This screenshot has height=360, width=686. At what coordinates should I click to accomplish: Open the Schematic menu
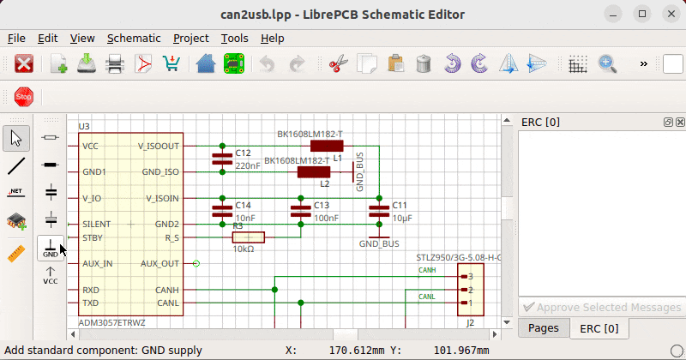pos(134,38)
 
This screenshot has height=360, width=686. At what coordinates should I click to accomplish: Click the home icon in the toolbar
pos(206,64)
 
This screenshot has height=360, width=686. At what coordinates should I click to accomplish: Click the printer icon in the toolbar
pos(115,64)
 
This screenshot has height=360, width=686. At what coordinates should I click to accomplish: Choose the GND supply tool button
pos(51,249)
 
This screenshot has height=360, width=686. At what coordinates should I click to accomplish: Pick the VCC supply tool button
pos(51,275)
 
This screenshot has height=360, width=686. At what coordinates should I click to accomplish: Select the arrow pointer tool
pos(16,137)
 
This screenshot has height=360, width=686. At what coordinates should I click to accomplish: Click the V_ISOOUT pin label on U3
pos(159,147)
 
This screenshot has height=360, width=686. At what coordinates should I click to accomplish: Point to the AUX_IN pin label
pos(98,263)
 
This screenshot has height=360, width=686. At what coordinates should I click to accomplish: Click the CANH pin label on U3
pos(166,291)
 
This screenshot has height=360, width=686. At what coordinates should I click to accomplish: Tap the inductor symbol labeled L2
pos(313,172)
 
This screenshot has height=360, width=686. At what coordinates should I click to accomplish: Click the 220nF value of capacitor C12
pos(247,165)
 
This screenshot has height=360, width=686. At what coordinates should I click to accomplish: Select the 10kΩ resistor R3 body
pos(249,237)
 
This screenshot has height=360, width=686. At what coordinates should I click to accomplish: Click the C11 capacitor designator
pos(400,206)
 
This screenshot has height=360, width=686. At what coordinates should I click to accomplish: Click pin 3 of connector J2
pos(469,277)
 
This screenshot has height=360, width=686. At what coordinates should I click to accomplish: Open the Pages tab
pos(544,328)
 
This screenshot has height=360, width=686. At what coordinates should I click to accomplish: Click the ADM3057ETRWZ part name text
pos(111,322)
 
